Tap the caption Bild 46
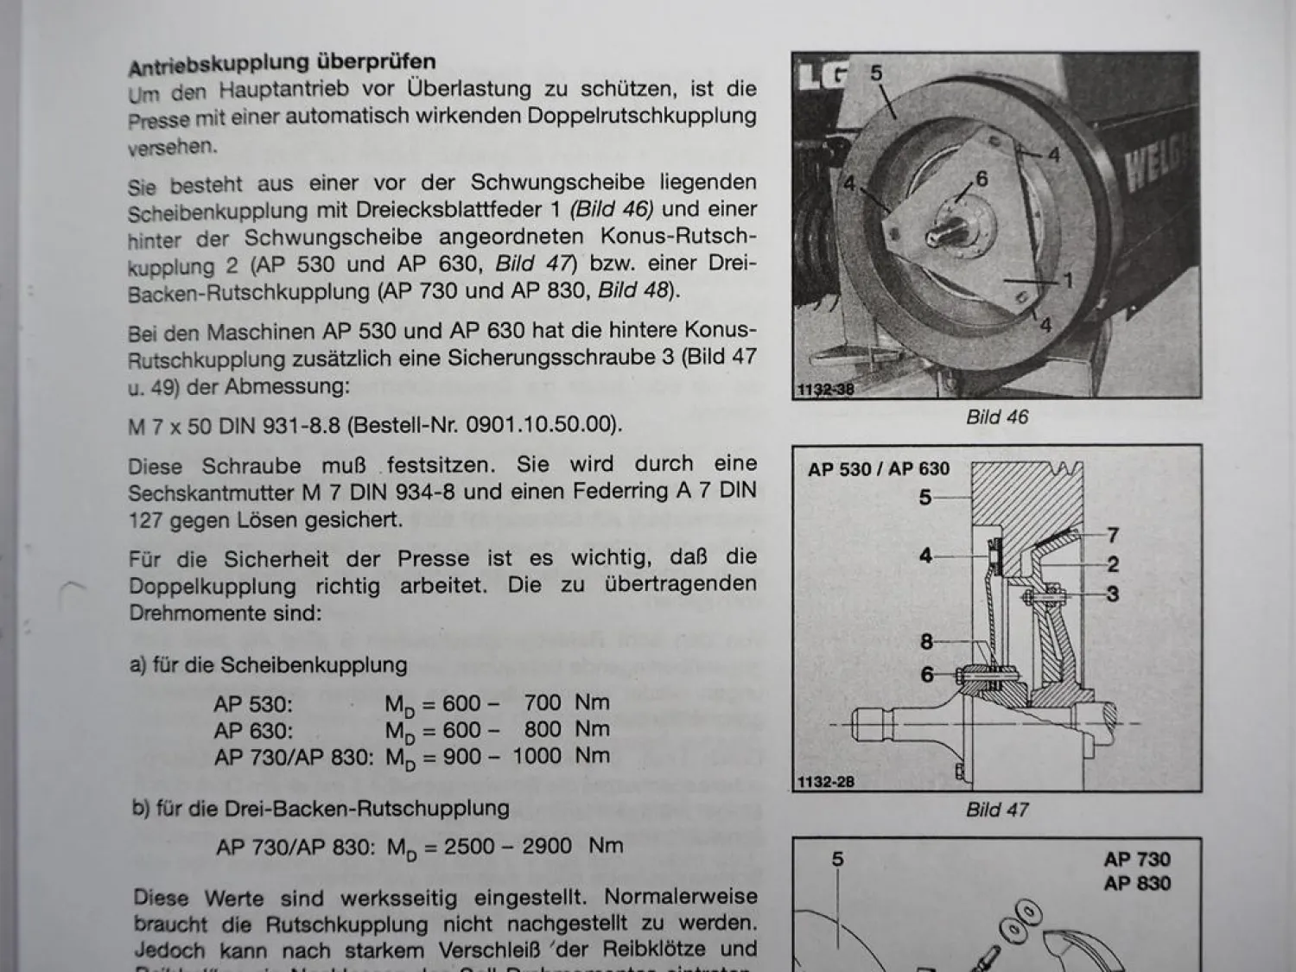point(997,417)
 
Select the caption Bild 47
point(997,810)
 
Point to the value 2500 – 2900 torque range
point(507,846)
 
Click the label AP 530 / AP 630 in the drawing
point(878,469)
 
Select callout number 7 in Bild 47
point(1113,536)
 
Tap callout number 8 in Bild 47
point(926,642)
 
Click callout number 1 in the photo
point(1068,281)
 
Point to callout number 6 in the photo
point(981,179)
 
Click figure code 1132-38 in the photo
point(825,390)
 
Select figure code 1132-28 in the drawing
point(825,782)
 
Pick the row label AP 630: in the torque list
point(253,730)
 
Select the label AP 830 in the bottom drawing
point(1137,884)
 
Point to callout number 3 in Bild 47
point(1113,594)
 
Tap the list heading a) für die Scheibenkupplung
point(269,665)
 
